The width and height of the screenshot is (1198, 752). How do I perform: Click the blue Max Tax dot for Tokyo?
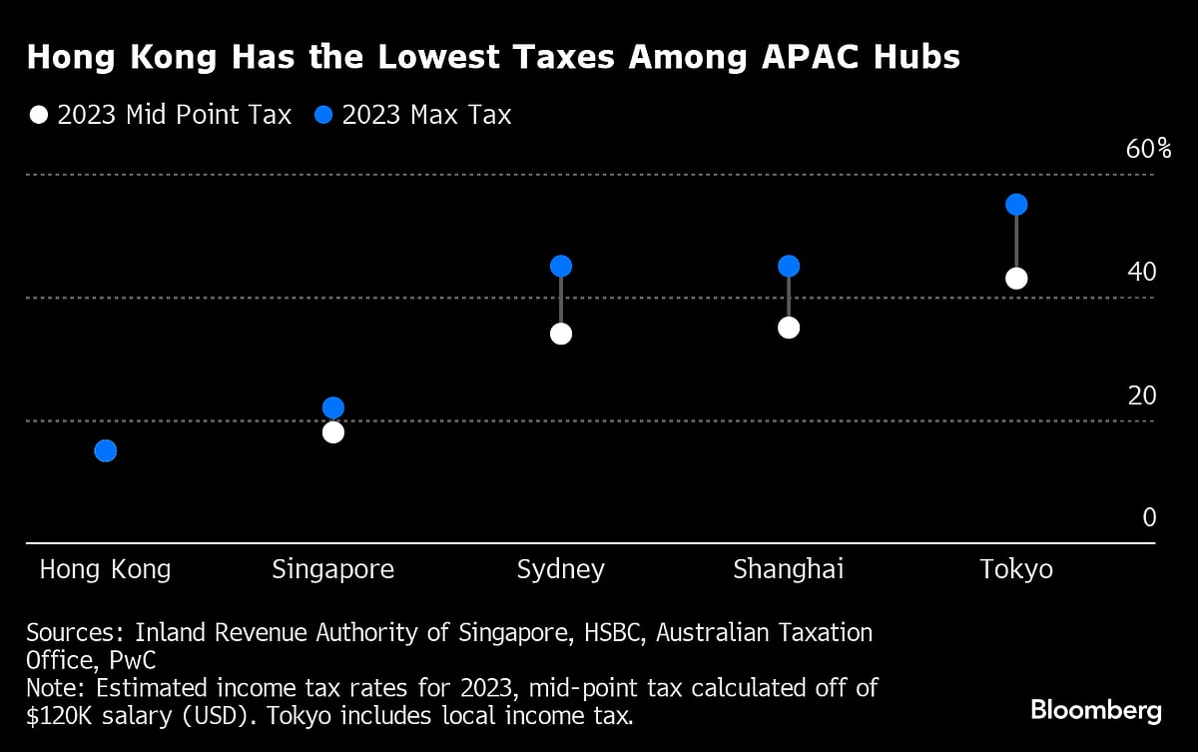tap(1016, 205)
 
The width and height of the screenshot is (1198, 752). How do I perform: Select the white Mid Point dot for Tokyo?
tap(1016, 279)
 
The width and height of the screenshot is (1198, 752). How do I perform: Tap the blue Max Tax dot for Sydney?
tap(561, 267)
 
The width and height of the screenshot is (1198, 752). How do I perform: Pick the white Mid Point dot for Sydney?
tap(561, 334)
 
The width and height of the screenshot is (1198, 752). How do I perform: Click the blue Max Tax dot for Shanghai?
tap(789, 266)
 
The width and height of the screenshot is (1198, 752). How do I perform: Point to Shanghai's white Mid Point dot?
tap(789, 328)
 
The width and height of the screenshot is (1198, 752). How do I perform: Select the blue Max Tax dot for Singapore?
tap(333, 407)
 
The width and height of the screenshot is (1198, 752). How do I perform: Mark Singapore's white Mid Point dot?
tap(333, 432)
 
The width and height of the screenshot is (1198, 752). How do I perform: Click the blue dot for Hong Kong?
tap(106, 451)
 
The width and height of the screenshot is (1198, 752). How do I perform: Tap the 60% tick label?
tap(1148, 150)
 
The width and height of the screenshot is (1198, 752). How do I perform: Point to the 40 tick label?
tap(1141, 272)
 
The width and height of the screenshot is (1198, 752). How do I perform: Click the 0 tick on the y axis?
tap(1149, 517)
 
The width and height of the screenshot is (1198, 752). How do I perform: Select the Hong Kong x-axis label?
tap(105, 570)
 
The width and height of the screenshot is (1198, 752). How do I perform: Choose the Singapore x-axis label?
tap(333, 570)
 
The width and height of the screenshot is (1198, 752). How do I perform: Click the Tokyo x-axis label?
tap(1016, 570)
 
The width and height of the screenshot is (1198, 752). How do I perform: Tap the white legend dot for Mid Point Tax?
tap(38, 115)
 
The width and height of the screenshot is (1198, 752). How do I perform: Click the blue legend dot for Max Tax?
tap(322, 115)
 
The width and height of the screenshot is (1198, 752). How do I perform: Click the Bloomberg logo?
tap(1096, 711)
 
